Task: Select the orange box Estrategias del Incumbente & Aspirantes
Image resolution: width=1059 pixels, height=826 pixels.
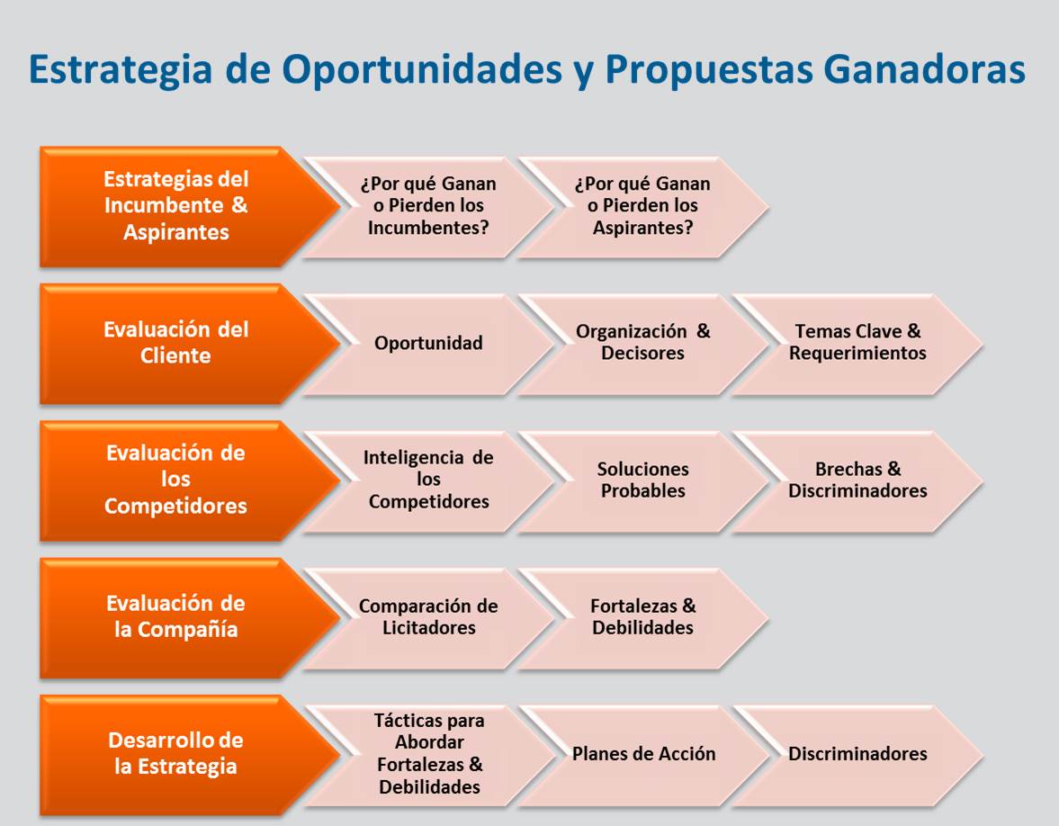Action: [176, 206]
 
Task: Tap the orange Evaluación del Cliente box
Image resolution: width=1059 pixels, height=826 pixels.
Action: [176, 343]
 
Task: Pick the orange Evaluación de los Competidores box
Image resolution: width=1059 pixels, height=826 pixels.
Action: [176, 480]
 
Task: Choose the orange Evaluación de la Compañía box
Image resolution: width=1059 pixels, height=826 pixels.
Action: [176, 616]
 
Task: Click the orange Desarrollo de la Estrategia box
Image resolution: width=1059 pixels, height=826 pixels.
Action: [176, 754]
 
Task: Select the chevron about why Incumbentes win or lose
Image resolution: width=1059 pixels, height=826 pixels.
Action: [428, 206]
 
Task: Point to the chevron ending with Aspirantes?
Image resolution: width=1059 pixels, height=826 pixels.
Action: [642, 206]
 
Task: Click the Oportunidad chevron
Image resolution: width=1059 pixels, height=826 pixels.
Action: [428, 343]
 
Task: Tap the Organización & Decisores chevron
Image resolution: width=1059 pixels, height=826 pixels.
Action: [642, 343]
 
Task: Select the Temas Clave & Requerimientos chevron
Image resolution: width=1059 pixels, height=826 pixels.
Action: [857, 343]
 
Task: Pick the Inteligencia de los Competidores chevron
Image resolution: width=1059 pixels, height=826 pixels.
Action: [428, 480]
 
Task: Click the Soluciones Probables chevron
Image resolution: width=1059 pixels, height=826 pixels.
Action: [642, 480]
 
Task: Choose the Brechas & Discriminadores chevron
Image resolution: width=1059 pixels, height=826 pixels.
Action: [857, 480]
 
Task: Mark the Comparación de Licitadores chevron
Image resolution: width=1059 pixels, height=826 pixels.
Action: [428, 616]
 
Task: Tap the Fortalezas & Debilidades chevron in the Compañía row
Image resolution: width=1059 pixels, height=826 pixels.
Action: [642, 616]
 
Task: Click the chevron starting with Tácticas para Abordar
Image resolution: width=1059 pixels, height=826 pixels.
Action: [428, 754]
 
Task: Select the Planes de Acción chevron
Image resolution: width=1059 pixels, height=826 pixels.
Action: [642, 754]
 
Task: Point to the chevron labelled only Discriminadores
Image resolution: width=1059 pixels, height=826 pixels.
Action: [857, 754]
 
